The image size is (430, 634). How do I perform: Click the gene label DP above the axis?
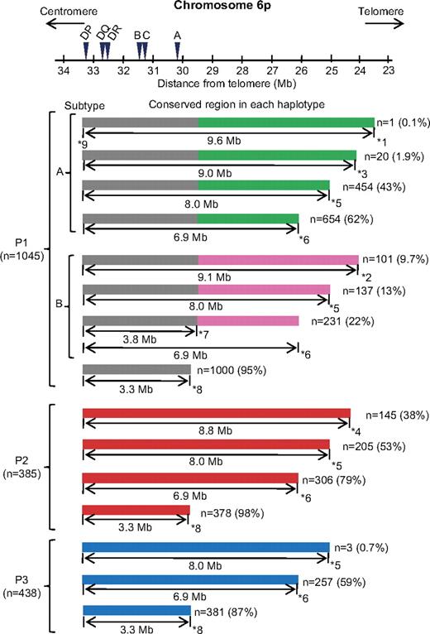click(x=86, y=34)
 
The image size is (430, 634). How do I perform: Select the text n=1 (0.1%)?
click(x=403, y=122)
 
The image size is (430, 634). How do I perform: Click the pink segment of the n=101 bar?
click(x=278, y=259)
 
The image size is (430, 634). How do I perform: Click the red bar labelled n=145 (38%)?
click(x=217, y=413)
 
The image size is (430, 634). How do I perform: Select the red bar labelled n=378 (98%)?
click(x=136, y=510)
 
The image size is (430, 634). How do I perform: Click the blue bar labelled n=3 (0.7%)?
click(x=206, y=546)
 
